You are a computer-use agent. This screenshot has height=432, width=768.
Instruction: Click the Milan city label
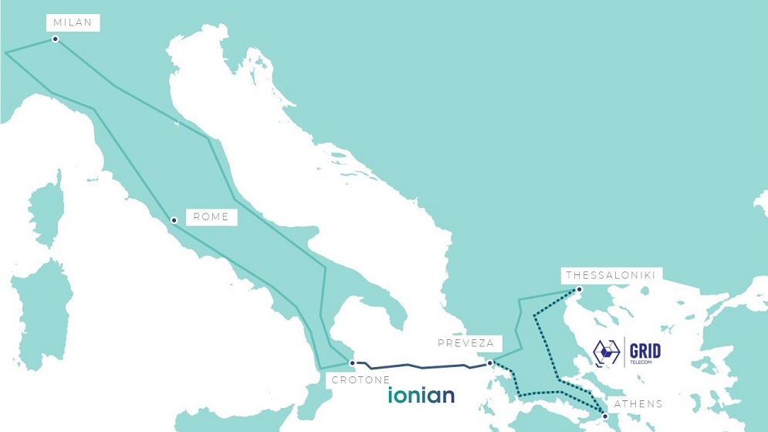pos(73,23)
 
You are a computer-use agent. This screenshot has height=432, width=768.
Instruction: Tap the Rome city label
pos(211,217)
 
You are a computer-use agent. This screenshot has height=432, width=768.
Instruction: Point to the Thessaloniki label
pos(611,275)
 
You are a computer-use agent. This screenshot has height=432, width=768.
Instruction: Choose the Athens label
pos(638,403)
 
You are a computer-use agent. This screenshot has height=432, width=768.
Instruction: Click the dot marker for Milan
pos(55,39)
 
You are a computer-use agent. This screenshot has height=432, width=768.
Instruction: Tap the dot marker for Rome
pos(174,220)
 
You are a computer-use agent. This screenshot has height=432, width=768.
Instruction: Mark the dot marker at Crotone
pos(353,362)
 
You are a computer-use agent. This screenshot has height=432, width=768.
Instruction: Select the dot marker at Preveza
pos(489,362)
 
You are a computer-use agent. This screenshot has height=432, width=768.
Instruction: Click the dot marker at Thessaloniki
pos(577,291)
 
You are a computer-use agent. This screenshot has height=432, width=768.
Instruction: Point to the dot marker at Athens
pos(606,417)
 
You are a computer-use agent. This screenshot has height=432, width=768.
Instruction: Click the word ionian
pos(421,396)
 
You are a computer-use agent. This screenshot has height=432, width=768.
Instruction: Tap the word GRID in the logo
pos(644,350)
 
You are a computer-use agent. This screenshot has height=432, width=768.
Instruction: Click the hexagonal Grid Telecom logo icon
pos(607,352)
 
